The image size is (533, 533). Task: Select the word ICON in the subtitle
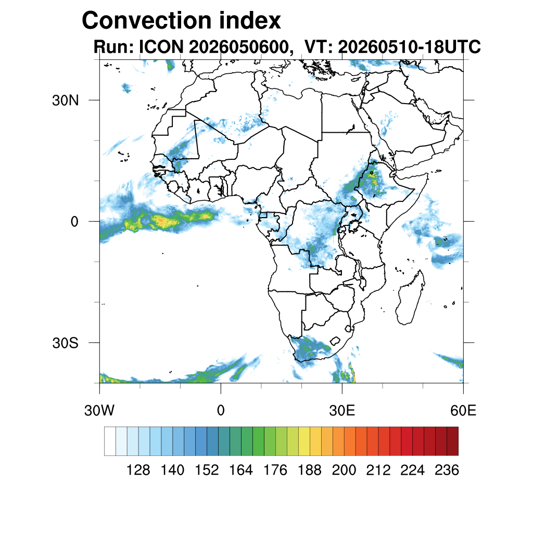tap(161, 47)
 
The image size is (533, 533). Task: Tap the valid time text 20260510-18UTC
tap(409, 47)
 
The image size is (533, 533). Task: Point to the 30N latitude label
tap(65, 100)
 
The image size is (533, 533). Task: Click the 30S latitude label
tap(65, 343)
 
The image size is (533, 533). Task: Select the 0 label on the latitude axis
tap(74, 222)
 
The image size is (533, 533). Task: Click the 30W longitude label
tap(99, 411)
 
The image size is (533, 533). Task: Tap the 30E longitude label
tap(342, 411)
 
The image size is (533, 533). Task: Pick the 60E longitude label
tap(463, 411)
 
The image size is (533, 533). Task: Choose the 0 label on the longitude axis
tap(221, 411)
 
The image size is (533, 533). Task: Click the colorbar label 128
tap(138, 470)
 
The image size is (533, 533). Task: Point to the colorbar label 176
tap(275, 470)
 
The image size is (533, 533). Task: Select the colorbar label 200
tap(344, 470)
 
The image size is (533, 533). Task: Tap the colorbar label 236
tap(447, 470)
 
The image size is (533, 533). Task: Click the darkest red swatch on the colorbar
tap(452, 441)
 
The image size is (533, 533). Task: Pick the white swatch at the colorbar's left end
tap(110, 441)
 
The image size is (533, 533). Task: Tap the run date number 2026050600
tap(238, 47)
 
